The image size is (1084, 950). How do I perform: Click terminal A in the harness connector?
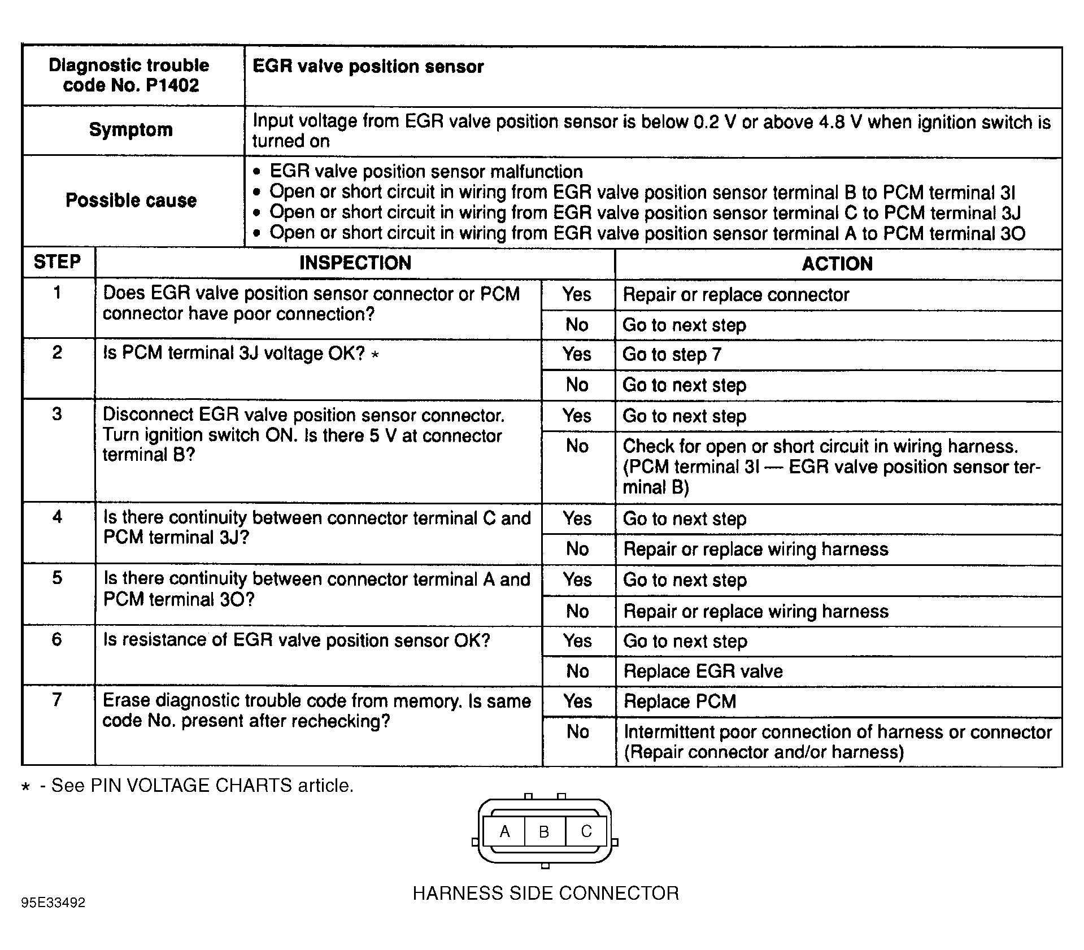point(505,831)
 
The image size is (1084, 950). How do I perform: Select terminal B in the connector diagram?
point(544,832)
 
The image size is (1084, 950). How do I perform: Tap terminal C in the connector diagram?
point(586,831)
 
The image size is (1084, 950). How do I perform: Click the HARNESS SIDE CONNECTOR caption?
point(545,893)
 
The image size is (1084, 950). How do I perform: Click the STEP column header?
point(57,262)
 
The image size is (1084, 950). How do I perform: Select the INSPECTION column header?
point(355,263)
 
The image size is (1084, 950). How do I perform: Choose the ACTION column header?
point(837,264)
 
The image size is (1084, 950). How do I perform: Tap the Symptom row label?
point(131,130)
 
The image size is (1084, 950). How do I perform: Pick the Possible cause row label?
point(131,201)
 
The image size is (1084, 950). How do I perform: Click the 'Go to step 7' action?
point(672,355)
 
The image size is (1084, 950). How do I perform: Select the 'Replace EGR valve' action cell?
point(703,671)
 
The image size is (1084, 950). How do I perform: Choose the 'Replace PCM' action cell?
point(680,701)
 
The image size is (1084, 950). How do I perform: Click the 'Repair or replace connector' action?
point(735,295)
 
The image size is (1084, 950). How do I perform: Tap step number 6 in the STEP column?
point(57,639)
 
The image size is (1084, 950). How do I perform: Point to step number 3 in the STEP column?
point(57,414)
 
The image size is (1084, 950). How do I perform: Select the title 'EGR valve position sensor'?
point(368,67)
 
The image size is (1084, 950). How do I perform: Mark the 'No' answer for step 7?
point(578,732)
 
